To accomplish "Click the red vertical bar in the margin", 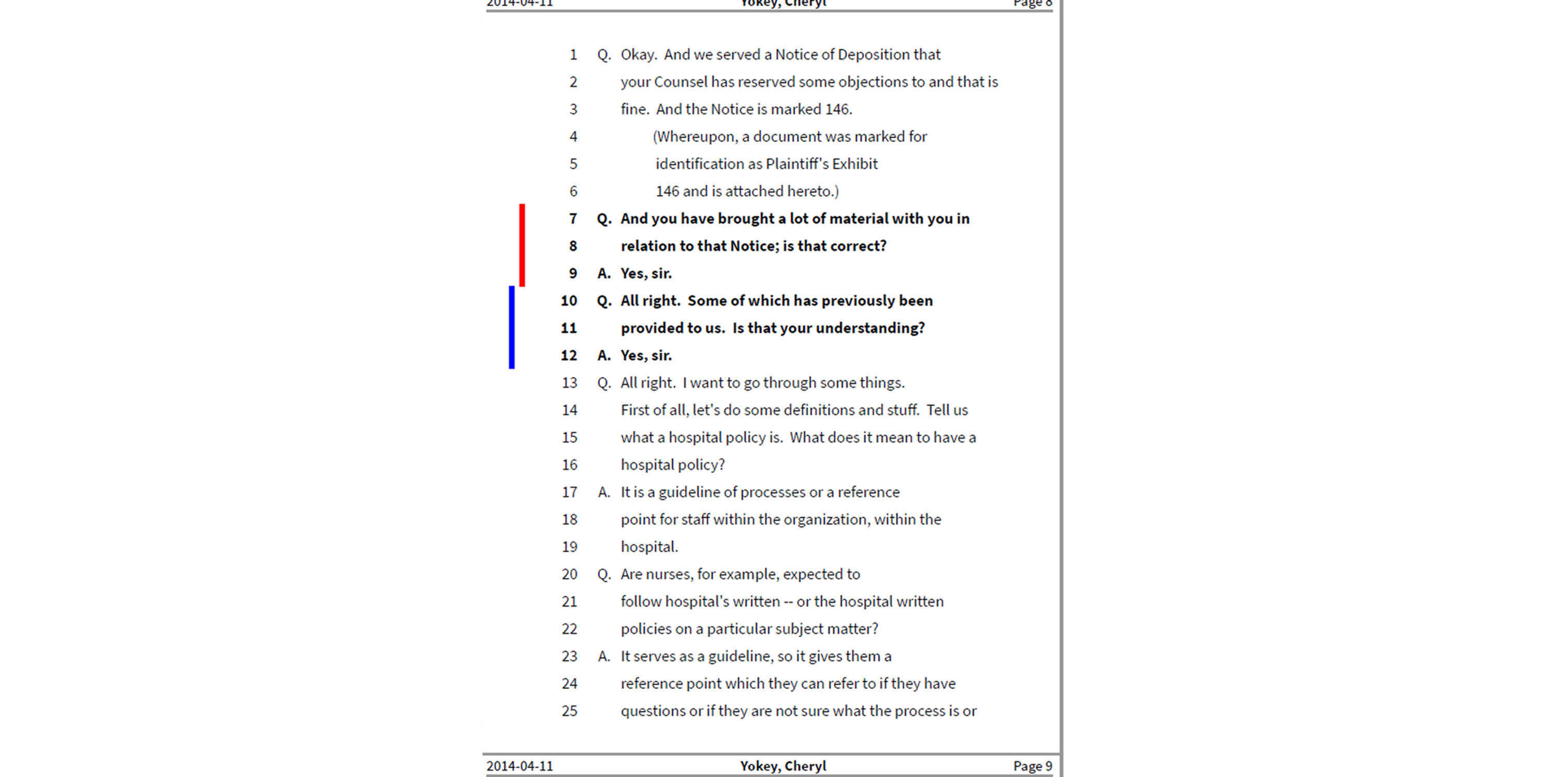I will coord(522,245).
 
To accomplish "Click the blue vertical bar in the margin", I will coord(512,327).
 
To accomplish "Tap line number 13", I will coord(569,383).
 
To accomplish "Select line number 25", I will coord(569,711).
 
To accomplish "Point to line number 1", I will coord(573,55).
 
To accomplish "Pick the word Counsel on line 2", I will coord(680,82).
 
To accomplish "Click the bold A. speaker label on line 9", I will coord(603,273).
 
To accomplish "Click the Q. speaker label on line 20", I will coord(603,574).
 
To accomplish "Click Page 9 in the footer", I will coord(1032,766).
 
